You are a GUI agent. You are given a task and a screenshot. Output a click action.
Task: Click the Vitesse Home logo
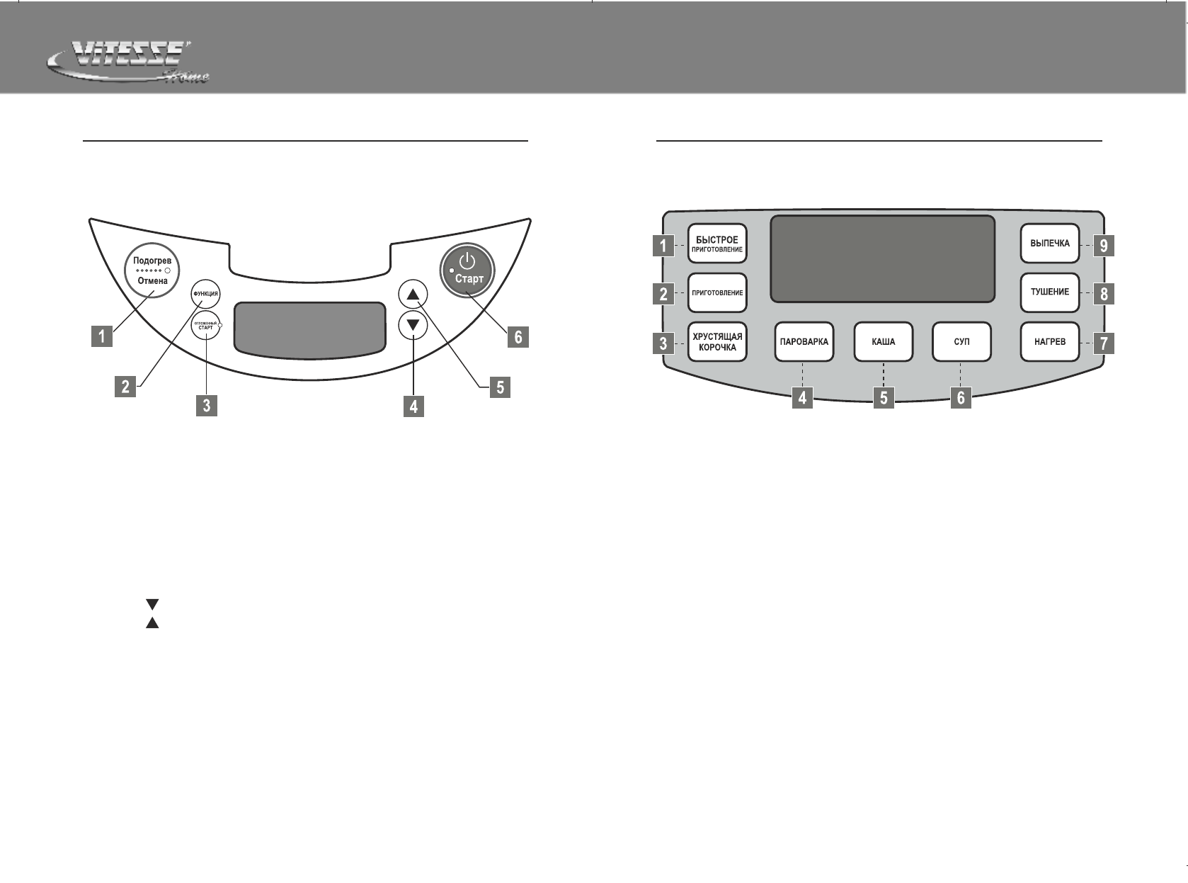coord(127,63)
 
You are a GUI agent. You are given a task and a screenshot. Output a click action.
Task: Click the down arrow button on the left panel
coord(413,326)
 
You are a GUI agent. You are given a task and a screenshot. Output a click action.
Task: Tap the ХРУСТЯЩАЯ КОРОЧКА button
coord(717,343)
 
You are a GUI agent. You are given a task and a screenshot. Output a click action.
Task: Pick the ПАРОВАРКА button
coord(804,342)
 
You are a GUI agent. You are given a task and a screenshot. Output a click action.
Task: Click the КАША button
coord(883,342)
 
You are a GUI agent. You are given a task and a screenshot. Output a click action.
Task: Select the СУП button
coord(961,342)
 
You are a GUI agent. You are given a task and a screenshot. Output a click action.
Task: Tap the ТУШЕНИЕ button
coord(1050,292)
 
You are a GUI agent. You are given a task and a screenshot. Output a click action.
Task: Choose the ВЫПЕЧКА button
coord(1050,244)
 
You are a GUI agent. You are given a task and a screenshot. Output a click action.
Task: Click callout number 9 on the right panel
coord(1103,246)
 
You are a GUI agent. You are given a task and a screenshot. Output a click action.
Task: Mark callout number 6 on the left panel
coord(518,338)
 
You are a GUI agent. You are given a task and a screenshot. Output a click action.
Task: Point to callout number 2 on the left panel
coord(125,387)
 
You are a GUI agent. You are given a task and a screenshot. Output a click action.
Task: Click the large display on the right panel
coord(883,258)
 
